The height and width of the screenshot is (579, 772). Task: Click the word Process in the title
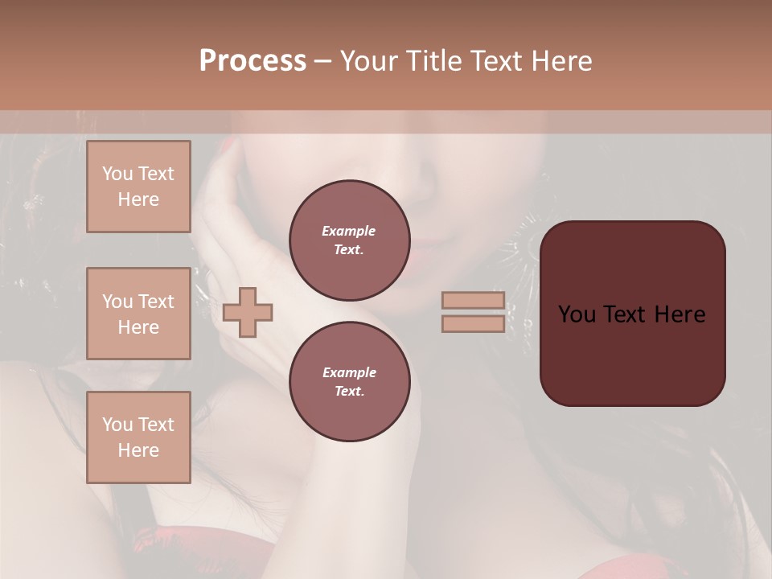coord(253,61)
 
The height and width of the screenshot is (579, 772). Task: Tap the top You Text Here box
coord(138,187)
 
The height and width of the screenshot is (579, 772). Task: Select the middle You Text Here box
coord(138,314)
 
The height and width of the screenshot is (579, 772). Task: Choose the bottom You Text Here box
coord(138,437)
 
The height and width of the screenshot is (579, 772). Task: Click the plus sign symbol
coord(248,312)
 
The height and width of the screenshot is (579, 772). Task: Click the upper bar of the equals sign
coord(473,300)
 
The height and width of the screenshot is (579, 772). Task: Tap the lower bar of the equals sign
coord(473,323)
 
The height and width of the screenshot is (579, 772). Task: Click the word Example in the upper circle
coord(349,231)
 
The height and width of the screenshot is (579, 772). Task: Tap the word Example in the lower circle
coord(349,372)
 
